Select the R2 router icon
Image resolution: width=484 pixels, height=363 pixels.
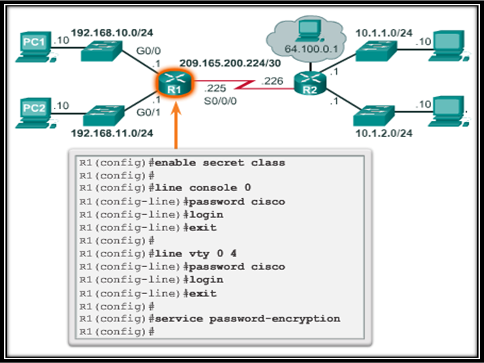pyautogui.click(x=310, y=84)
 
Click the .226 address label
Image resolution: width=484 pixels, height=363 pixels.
pyautogui.click(x=272, y=82)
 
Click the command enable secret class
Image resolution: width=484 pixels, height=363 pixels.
pyautogui.click(x=220, y=163)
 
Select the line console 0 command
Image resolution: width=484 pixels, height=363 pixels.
pyautogui.click(x=203, y=188)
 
